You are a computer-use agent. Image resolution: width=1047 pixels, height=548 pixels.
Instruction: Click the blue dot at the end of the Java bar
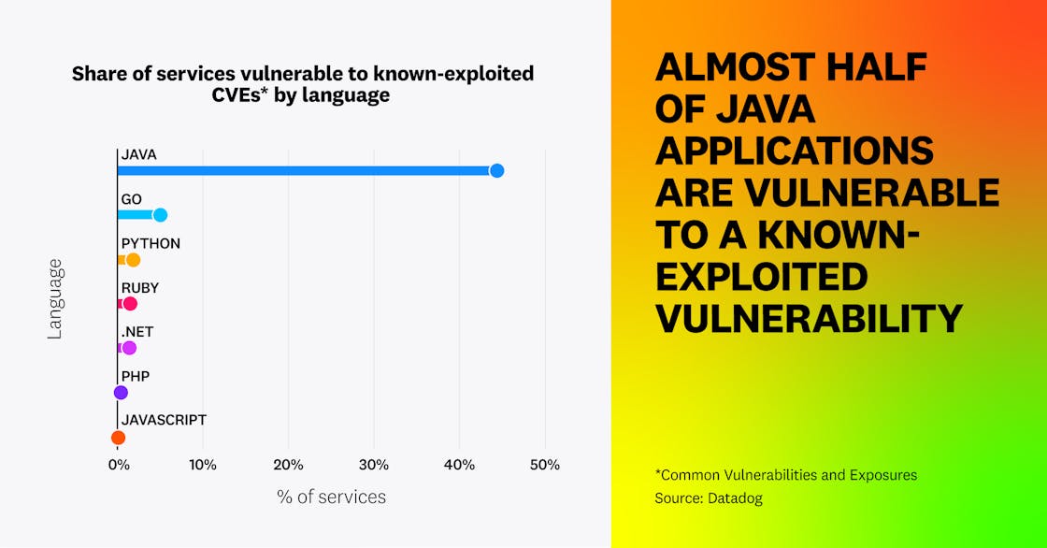[496, 170]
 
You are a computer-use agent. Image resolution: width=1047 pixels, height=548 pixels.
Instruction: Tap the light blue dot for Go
[160, 215]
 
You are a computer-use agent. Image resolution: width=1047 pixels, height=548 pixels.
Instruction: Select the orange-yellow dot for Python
[133, 260]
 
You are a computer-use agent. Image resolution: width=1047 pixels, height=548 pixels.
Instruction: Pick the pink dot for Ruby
[130, 304]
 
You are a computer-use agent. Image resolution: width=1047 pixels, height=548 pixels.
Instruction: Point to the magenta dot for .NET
[129, 348]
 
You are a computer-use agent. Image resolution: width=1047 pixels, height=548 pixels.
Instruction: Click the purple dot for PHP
[121, 393]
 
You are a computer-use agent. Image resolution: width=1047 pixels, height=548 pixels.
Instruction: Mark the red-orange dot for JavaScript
[118, 438]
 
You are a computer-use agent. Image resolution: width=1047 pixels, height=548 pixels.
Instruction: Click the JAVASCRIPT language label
[164, 420]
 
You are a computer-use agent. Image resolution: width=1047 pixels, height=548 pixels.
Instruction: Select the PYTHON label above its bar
[151, 243]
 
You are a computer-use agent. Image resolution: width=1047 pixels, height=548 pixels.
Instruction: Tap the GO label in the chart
[131, 199]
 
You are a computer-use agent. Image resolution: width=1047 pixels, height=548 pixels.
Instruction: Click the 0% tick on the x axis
[118, 465]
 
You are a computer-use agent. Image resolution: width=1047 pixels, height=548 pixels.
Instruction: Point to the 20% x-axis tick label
[288, 465]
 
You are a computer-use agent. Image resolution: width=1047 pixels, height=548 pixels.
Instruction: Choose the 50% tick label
[545, 465]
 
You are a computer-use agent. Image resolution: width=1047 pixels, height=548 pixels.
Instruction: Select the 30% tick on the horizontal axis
[374, 465]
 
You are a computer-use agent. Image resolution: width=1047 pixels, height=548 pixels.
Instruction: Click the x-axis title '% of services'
[331, 497]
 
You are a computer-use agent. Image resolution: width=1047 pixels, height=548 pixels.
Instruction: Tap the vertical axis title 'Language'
[54, 298]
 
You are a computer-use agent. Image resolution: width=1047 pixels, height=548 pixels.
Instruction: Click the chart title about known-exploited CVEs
[303, 84]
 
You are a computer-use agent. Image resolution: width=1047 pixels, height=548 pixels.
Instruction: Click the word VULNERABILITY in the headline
[809, 319]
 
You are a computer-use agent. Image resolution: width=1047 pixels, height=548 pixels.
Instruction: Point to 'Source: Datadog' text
[708, 498]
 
